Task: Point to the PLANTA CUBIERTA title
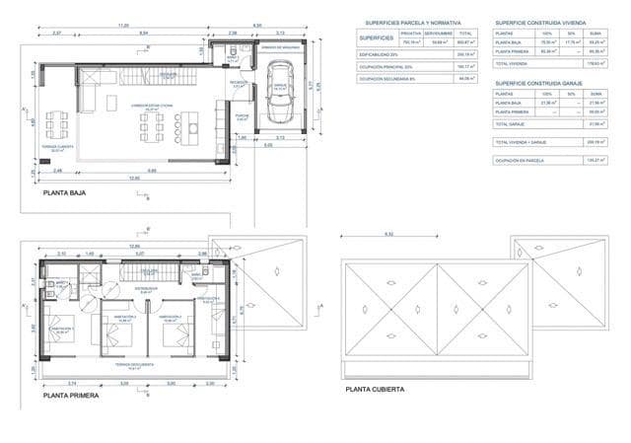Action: tap(375, 389)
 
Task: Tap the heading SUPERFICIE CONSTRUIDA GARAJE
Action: tap(542, 84)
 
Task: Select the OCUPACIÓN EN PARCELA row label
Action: tap(521, 158)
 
